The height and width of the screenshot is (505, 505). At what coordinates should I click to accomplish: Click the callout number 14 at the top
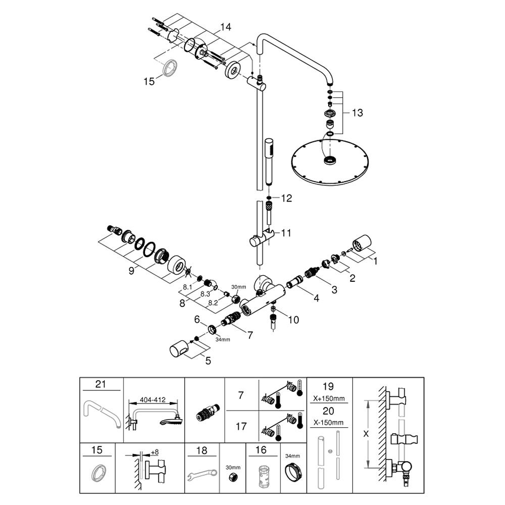pyautogui.click(x=226, y=27)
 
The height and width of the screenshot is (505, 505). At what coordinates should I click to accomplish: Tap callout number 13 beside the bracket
pyautogui.click(x=357, y=113)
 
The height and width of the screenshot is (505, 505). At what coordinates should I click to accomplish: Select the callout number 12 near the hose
pyautogui.click(x=286, y=198)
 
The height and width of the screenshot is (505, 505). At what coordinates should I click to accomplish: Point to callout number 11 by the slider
pyautogui.click(x=286, y=233)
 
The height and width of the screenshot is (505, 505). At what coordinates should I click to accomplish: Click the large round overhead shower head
pyautogui.click(x=330, y=161)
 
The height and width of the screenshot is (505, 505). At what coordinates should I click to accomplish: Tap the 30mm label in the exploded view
pyautogui.click(x=239, y=287)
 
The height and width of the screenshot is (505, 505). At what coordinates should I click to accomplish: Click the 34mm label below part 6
pyautogui.click(x=223, y=339)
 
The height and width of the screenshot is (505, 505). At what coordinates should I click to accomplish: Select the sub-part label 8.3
pyautogui.click(x=205, y=294)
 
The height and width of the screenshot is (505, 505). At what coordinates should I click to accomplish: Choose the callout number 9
pyautogui.click(x=131, y=271)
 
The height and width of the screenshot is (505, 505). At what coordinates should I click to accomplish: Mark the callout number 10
pyautogui.click(x=293, y=320)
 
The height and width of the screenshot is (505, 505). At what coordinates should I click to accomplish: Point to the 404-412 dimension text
pyautogui.click(x=153, y=399)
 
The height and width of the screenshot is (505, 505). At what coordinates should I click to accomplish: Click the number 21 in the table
pyautogui.click(x=101, y=384)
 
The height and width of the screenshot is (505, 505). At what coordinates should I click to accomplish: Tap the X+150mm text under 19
pyautogui.click(x=329, y=398)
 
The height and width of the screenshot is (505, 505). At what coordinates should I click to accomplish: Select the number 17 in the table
pyautogui.click(x=241, y=426)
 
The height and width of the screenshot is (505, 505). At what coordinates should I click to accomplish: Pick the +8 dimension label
pyautogui.click(x=155, y=452)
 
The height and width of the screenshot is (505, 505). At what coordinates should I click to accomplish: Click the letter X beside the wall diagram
pyautogui.click(x=366, y=434)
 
